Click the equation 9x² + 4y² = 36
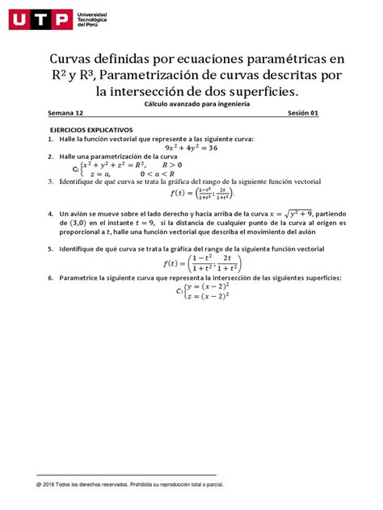(x=191, y=148)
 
